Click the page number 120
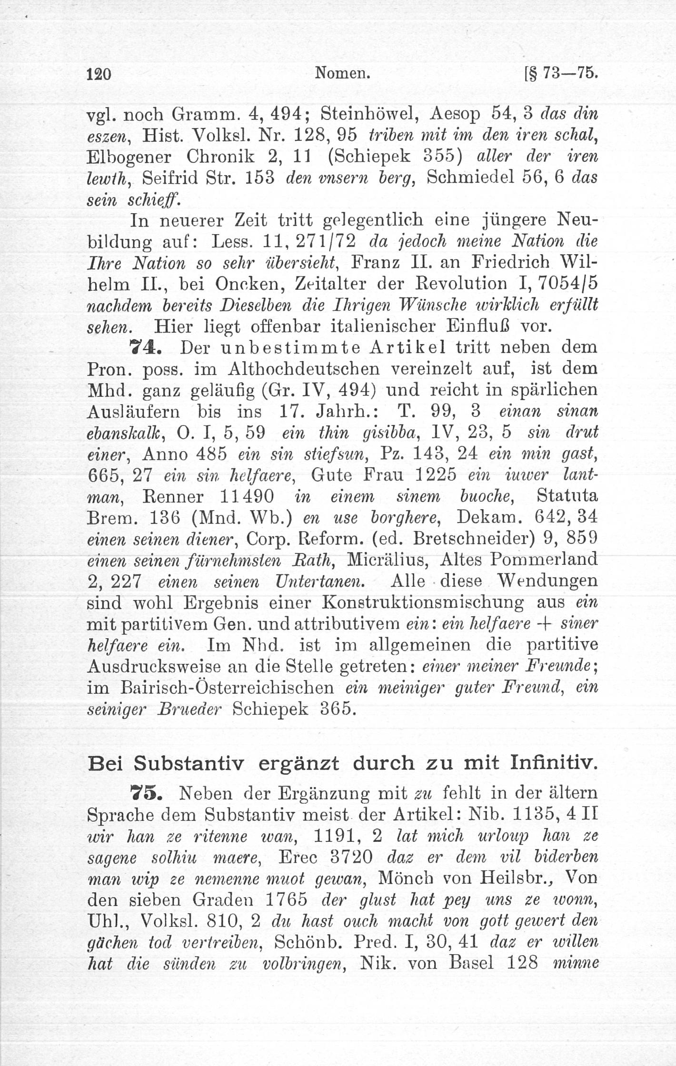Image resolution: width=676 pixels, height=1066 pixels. point(99,75)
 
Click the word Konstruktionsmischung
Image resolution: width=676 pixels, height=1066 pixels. point(423,603)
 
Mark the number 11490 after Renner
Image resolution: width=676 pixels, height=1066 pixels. point(248,496)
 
